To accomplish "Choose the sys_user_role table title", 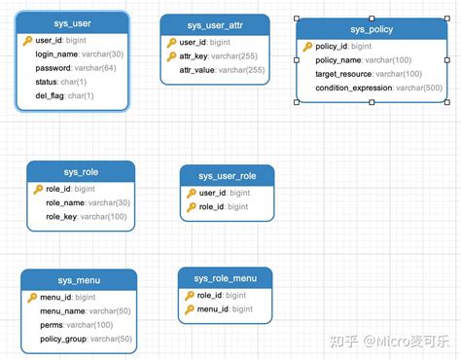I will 226,175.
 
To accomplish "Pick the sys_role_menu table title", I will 225,278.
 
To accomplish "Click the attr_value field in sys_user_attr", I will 221,70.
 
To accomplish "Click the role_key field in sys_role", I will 87,217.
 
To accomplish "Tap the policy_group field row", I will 86,339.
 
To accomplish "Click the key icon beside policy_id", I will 308,47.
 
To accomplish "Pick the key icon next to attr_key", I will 172,56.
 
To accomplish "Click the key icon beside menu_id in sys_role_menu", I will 189,309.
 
